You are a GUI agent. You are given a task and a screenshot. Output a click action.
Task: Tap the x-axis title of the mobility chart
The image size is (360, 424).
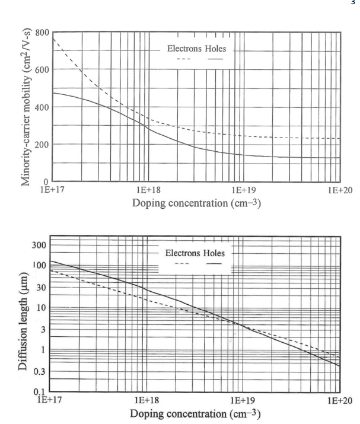tap(195, 203)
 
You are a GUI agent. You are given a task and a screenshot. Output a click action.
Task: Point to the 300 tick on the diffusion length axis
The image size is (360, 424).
tap(40, 245)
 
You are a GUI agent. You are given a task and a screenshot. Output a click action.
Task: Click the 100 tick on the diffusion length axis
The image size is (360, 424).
tap(40, 265)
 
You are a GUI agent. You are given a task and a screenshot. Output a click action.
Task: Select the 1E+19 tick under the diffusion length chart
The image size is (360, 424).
tap(244, 400)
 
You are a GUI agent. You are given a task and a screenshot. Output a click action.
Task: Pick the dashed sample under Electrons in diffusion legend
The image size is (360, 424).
tap(181, 263)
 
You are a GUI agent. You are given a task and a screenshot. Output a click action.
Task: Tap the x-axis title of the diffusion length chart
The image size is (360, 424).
tap(195, 413)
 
